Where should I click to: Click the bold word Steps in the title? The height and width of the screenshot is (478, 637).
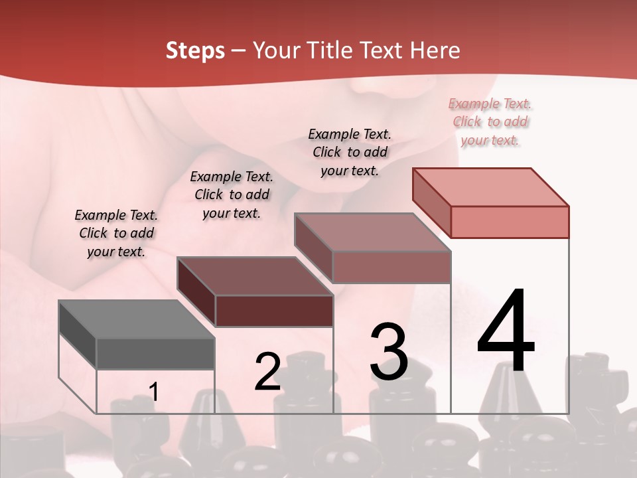[195, 50]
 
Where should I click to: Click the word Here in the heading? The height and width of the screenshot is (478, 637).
[435, 50]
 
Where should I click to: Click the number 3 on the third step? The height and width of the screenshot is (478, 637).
[389, 352]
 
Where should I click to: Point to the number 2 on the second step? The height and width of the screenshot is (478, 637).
[267, 372]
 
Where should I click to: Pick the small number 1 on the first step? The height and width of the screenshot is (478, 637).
[154, 392]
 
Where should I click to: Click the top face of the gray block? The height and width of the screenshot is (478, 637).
[137, 319]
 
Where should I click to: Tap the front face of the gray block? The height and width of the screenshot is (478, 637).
[155, 354]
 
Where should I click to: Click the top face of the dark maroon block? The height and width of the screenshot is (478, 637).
[255, 276]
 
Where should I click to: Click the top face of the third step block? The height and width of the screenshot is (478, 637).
[373, 232]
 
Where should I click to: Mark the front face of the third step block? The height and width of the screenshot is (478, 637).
[391, 267]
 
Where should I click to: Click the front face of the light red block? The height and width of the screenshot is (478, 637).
[510, 222]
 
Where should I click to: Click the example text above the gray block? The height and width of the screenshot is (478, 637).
[116, 233]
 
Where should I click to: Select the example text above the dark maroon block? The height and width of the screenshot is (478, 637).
[232, 195]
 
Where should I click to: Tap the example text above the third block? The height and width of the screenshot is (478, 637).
[350, 152]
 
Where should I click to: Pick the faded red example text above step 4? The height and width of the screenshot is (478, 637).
[490, 121]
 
